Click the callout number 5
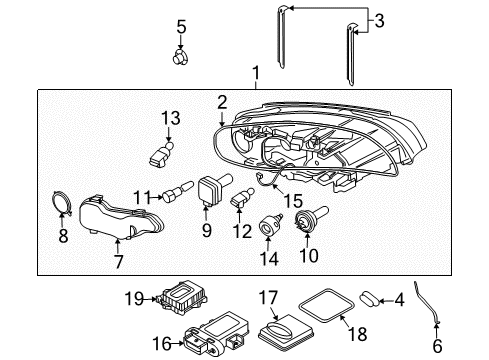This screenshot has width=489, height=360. point(181,26)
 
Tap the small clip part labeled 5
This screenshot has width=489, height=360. point(181,59)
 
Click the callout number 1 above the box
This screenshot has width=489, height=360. point(256,73)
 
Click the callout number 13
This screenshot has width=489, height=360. point(171,119)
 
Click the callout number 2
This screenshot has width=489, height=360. point(222,101)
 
